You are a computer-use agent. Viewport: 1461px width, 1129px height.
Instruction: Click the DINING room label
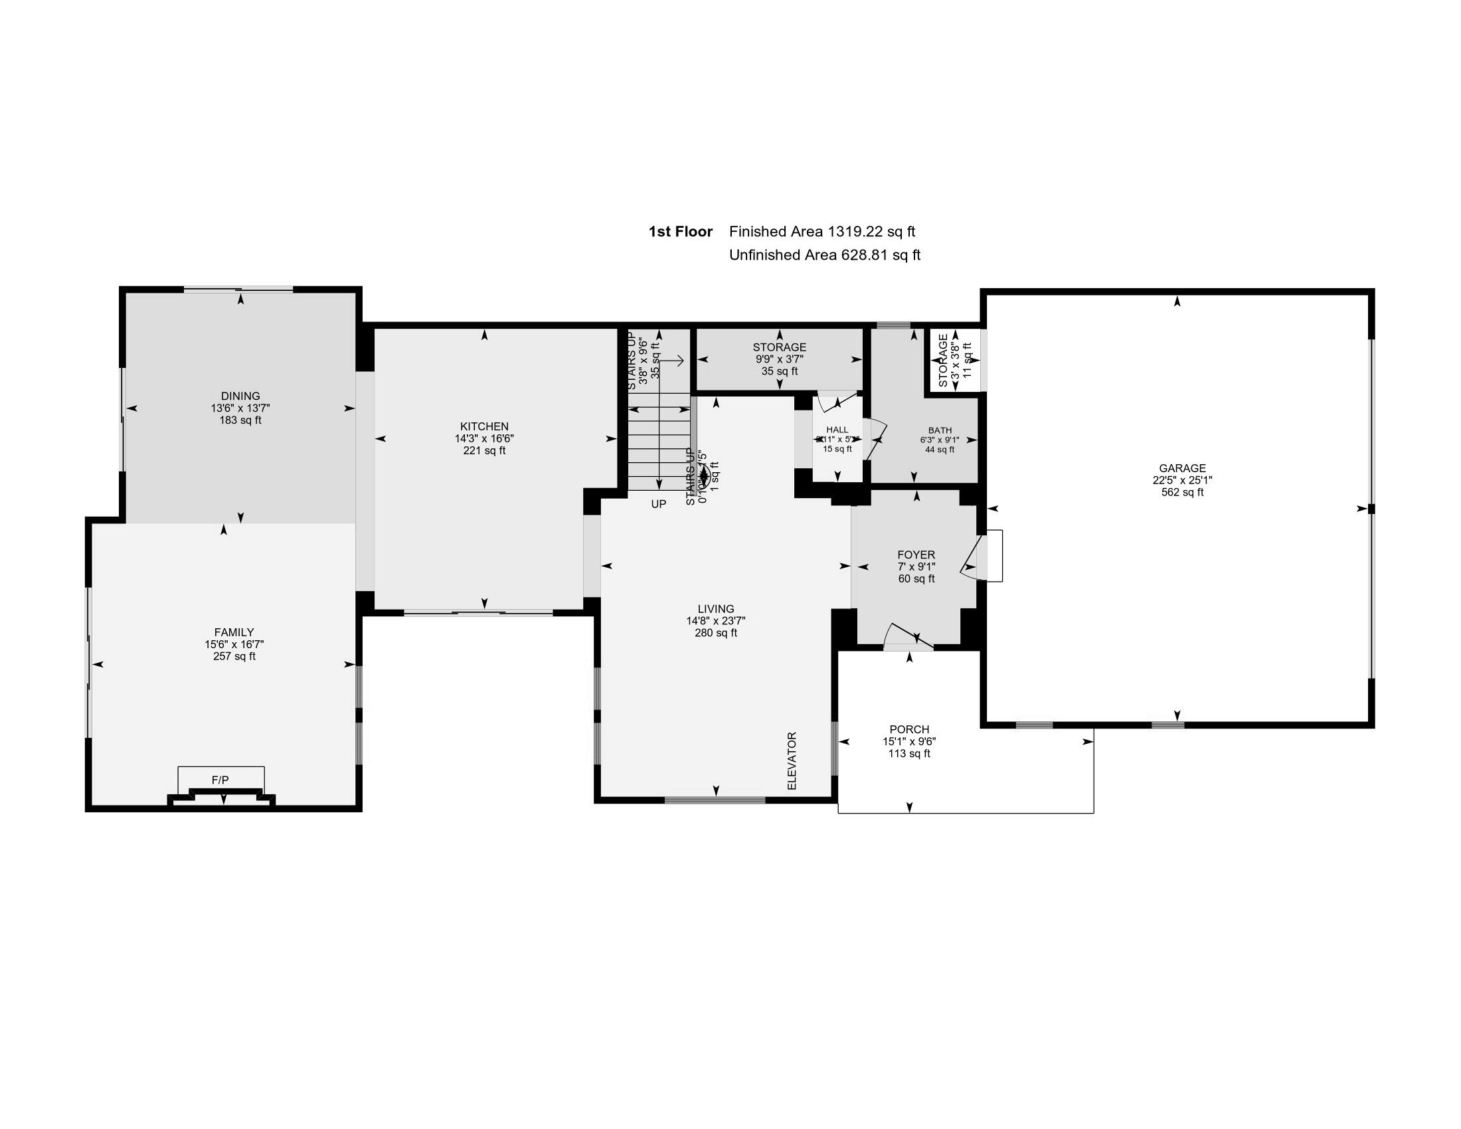point(240,396)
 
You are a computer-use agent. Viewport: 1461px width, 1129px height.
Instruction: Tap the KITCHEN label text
point(483,426)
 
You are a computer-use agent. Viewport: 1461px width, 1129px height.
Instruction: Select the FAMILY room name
point(234,632)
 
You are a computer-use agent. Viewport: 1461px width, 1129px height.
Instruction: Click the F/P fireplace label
point(220,780)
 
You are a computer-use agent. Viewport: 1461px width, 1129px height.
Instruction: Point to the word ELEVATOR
point(792,760)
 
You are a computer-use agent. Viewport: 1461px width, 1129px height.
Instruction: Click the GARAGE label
point(1182,468)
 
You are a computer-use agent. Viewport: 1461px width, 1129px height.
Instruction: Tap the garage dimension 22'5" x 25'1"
point(1182,480)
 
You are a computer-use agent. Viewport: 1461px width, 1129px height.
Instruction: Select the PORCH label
point(909,729)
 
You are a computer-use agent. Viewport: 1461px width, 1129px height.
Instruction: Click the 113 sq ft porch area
point(909,754)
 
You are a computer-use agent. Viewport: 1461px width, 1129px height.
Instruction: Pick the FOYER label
point(916,555)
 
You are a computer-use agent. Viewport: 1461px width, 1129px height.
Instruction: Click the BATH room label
point(939,430)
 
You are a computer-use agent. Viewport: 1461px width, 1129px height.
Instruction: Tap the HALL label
point(837,430)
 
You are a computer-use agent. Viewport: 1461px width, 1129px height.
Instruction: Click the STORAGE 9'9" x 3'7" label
point(780,347)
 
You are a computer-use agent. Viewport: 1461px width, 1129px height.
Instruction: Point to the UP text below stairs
point(658,503)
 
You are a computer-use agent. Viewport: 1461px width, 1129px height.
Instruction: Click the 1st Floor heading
point(680,231)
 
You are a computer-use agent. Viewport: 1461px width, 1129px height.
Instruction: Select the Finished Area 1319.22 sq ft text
point(821,231)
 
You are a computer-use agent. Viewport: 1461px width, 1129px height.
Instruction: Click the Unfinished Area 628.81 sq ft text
point(824,255)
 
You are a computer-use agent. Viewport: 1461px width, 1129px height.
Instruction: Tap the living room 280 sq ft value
point(716,633)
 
